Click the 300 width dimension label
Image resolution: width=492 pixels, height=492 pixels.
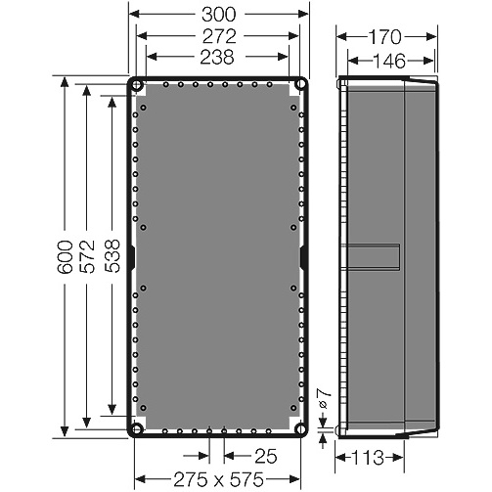tap(218, 15)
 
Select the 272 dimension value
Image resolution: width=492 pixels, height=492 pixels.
tap(219, 36)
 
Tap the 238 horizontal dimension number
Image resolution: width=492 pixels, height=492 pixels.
tap(217, 57)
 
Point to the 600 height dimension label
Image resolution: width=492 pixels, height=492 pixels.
tap(65, 257)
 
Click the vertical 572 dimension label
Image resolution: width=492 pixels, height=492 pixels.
tap(87, 256)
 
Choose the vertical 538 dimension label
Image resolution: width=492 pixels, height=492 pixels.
tap(112, 256)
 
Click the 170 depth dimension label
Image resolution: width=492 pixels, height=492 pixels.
tap(384, 37)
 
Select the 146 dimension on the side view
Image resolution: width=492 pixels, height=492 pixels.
tap(388, 61)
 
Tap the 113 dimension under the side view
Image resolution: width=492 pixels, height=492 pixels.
tap(368, 458)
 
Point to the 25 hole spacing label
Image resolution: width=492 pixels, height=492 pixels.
tap(266, 456)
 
